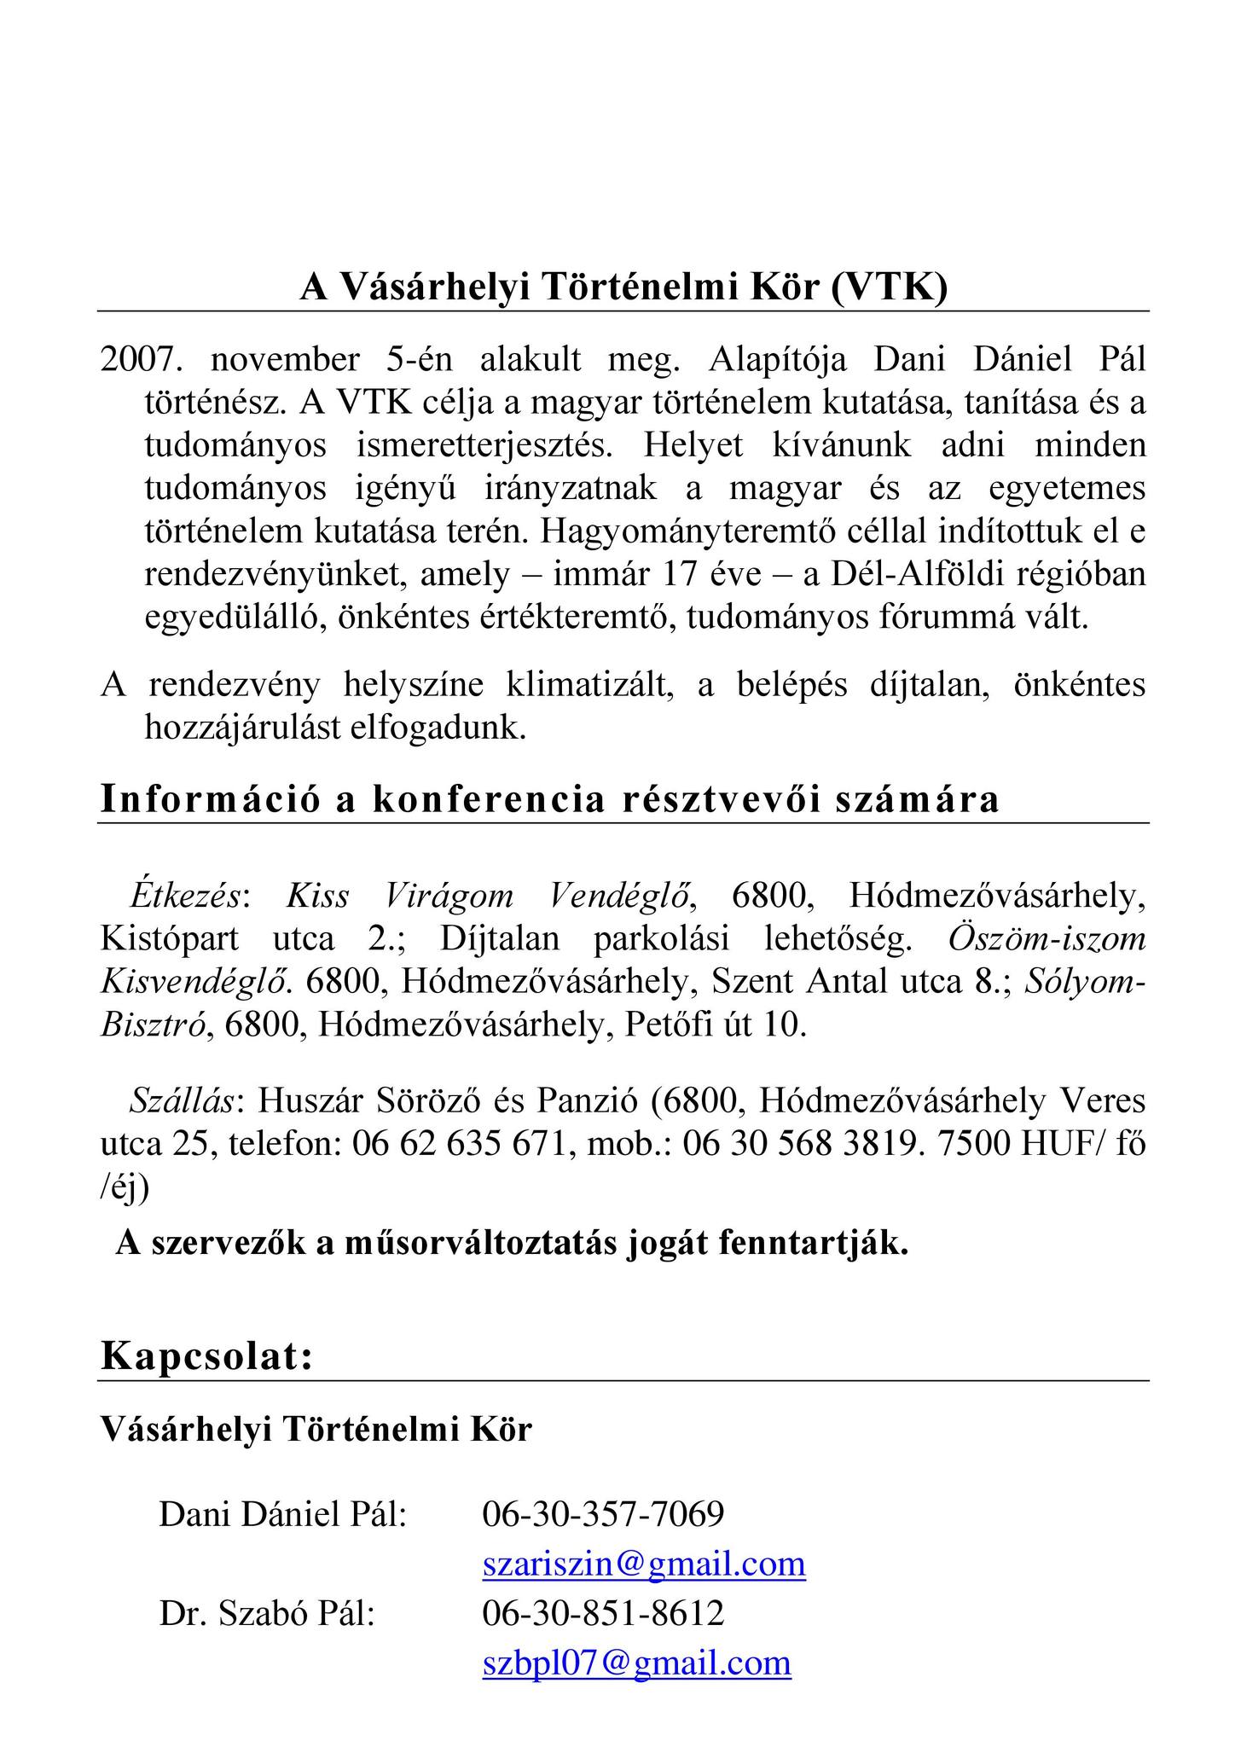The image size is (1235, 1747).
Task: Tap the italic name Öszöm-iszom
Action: (x=1047, y=938)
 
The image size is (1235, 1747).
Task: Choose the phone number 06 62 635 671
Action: (x=460, y=1143)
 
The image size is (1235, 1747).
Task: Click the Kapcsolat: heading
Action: (x=207, y=1356)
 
